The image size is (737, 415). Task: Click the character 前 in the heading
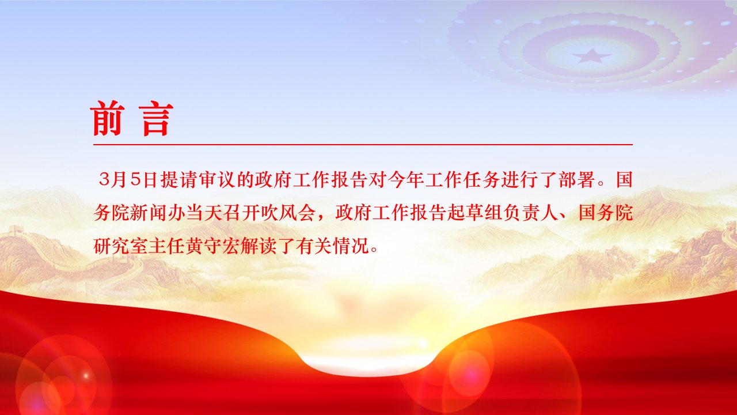click(x=107, y=118)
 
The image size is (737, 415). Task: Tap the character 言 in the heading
click(x=155, y=119)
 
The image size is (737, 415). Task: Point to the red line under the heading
click(x=363, y=144)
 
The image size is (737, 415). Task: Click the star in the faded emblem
click(x=591, y=56)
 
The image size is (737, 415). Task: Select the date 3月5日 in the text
click(x=127, y=180)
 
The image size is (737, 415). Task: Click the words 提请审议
click(x=199, y=180)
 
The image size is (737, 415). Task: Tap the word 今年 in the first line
click(x=407, y=180)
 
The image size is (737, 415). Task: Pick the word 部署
click(x=577, y=180)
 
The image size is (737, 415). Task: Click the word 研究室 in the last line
click(x=121, y=246)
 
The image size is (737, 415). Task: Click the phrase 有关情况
click(x=332, y=246)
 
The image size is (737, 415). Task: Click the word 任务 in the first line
click(x=482, y=180)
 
